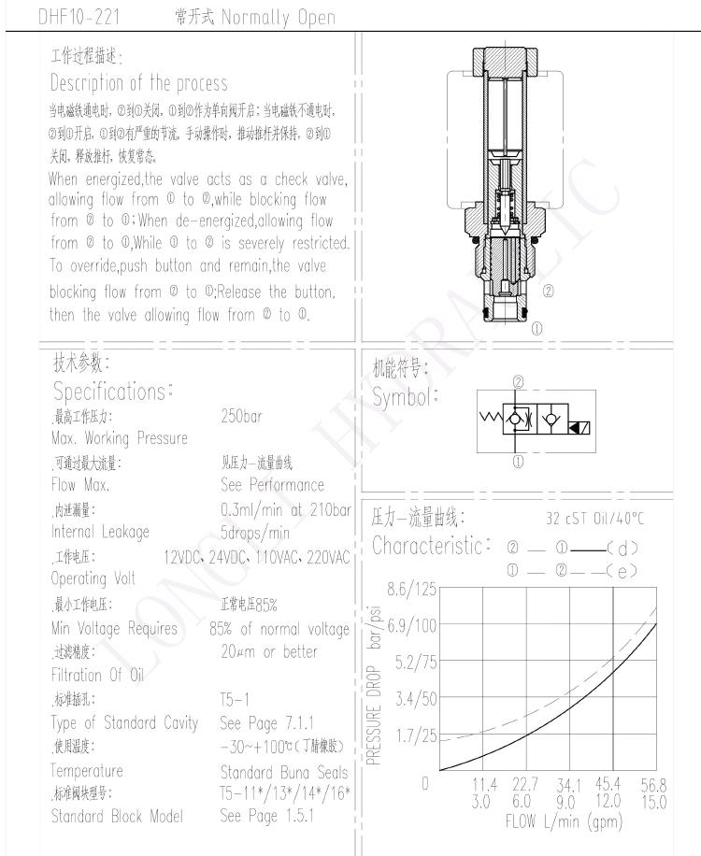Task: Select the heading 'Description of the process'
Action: point(138,83)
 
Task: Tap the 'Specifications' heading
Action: point(113,392)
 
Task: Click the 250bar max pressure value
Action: point(242,416)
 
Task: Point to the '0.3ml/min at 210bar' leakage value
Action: point(285,509)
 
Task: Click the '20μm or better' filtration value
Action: point(268,651)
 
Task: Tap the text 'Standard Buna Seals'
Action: point(283,771)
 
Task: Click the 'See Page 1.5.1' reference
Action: point(266,816)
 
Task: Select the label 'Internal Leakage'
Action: point(100,533)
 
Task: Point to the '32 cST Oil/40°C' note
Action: point(594,519)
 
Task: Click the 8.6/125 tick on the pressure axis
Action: point(412,589)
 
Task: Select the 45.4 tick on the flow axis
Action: point(609,784)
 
